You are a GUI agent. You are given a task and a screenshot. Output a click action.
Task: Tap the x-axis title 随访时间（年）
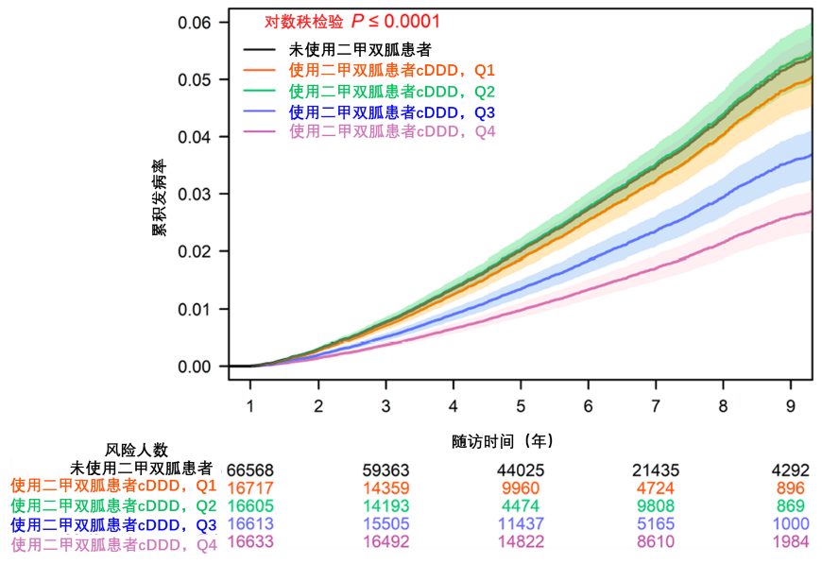[x=500, y=441]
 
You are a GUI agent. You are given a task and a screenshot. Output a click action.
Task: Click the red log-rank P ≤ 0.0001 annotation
[x=351, y=21]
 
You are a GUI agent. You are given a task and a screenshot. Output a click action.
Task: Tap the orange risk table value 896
[x=789, y=488]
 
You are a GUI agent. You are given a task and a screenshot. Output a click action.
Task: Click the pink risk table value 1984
[x=789, y=545]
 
